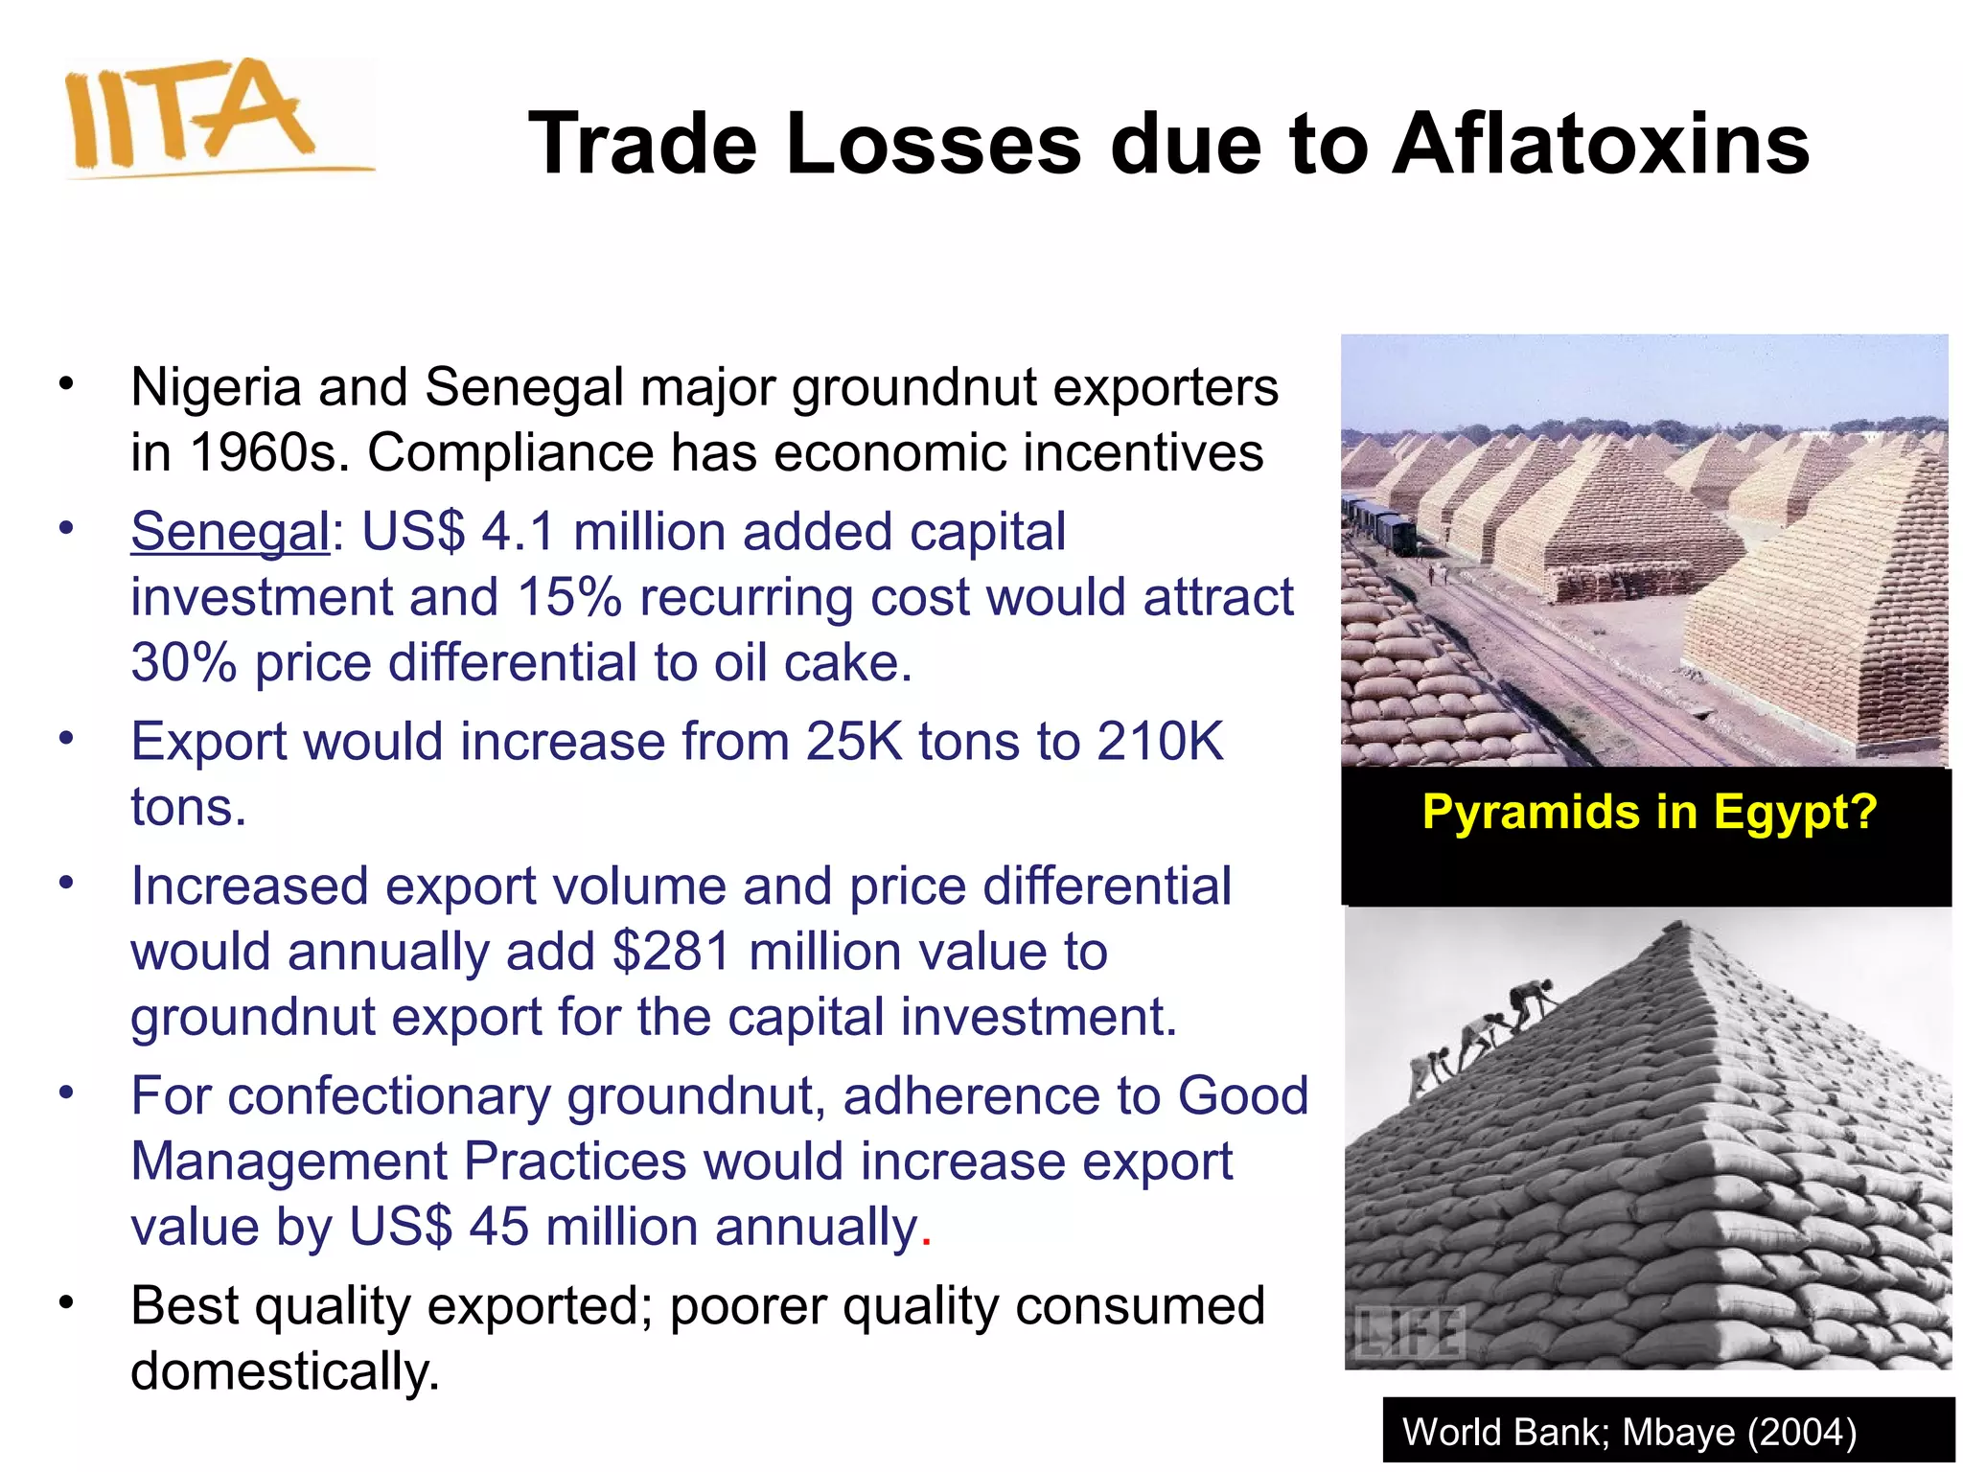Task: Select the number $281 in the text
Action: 672,952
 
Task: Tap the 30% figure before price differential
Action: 183,662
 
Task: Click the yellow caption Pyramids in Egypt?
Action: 1649,812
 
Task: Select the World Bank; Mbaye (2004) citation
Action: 1629,1432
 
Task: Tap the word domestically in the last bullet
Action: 285,1370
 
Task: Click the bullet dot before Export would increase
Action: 65,739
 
